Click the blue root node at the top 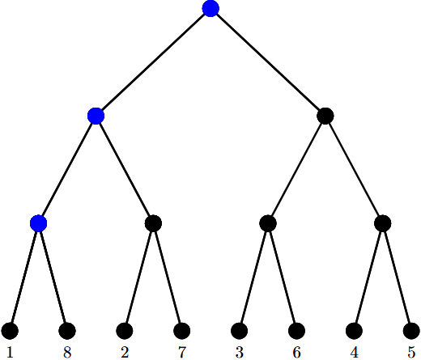pos(210,8)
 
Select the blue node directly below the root pos(96,116)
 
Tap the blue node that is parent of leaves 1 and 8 pos(39,223)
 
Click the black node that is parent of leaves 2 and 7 pos(153,223)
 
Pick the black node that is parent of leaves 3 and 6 pos(268,223)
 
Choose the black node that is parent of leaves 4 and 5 pos(383,223)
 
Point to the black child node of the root pos(325,116)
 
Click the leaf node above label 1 pos(10,331)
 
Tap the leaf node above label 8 pos(67,331)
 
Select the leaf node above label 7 pos(182,331)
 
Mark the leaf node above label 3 pos(240,331)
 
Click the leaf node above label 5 pos(411,331)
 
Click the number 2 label pos(125,352)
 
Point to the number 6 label pos(296,352)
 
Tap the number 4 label pos(354,352)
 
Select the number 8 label pos(67,352)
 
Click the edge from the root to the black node pos(268,62)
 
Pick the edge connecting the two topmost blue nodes pos(153,62)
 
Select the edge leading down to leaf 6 pos(283,277)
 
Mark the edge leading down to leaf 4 pos(368,277)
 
